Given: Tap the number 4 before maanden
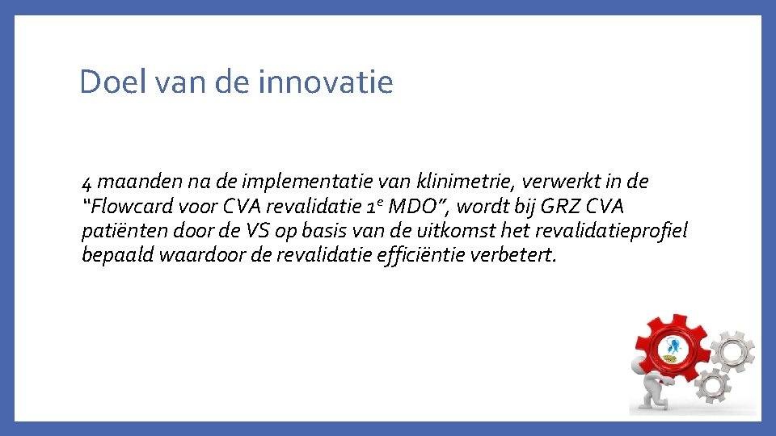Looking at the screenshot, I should [x=87, y=182].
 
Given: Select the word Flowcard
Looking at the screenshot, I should [x=131, y=206].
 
